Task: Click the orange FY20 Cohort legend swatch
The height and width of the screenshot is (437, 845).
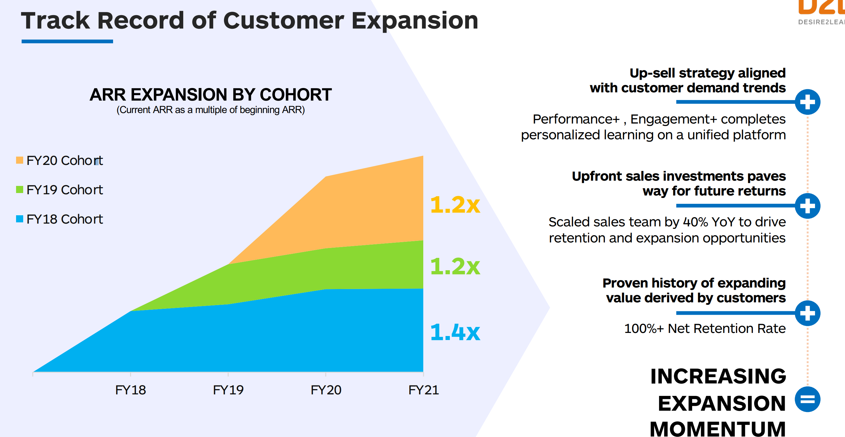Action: pyautogui.click(x=20, y=160)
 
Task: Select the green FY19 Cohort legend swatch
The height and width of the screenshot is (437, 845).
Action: pyautogui.click(x=20, y=190)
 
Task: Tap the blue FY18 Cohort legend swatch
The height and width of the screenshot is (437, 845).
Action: pyautogui.click(x=20, y=219)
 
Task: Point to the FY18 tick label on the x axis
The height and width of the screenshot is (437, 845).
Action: pyautogui.click(x=130, y=390)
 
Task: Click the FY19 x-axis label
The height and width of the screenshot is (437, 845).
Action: pyautogui.click(x=228, y=390)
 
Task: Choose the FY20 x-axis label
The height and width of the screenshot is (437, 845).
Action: pyautogui.click(x=326, y=390)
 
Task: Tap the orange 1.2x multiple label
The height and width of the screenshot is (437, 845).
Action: pyautogui.click(x=455, y=204)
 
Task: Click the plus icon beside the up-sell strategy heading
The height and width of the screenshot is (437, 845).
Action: pyautogui.click(x=807, y=102)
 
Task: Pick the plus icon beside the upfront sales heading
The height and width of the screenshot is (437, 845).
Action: pyautogui.click(x=807, y=206)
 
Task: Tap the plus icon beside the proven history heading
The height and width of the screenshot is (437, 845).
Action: pyautogui.click(x=807, y=313)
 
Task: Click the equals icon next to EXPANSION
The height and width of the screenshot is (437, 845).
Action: pyautogui.click(x=807, y=399)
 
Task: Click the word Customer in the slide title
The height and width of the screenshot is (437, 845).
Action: pyautogui.click(x=283, y=20)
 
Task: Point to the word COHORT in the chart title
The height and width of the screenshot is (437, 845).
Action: pyautogui.click(x=296, y=95)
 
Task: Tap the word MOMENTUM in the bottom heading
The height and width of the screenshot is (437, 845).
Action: pyautogui.click(x=717, y=428)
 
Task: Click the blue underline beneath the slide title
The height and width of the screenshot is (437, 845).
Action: pyautogui.click(x=67, y=41)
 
